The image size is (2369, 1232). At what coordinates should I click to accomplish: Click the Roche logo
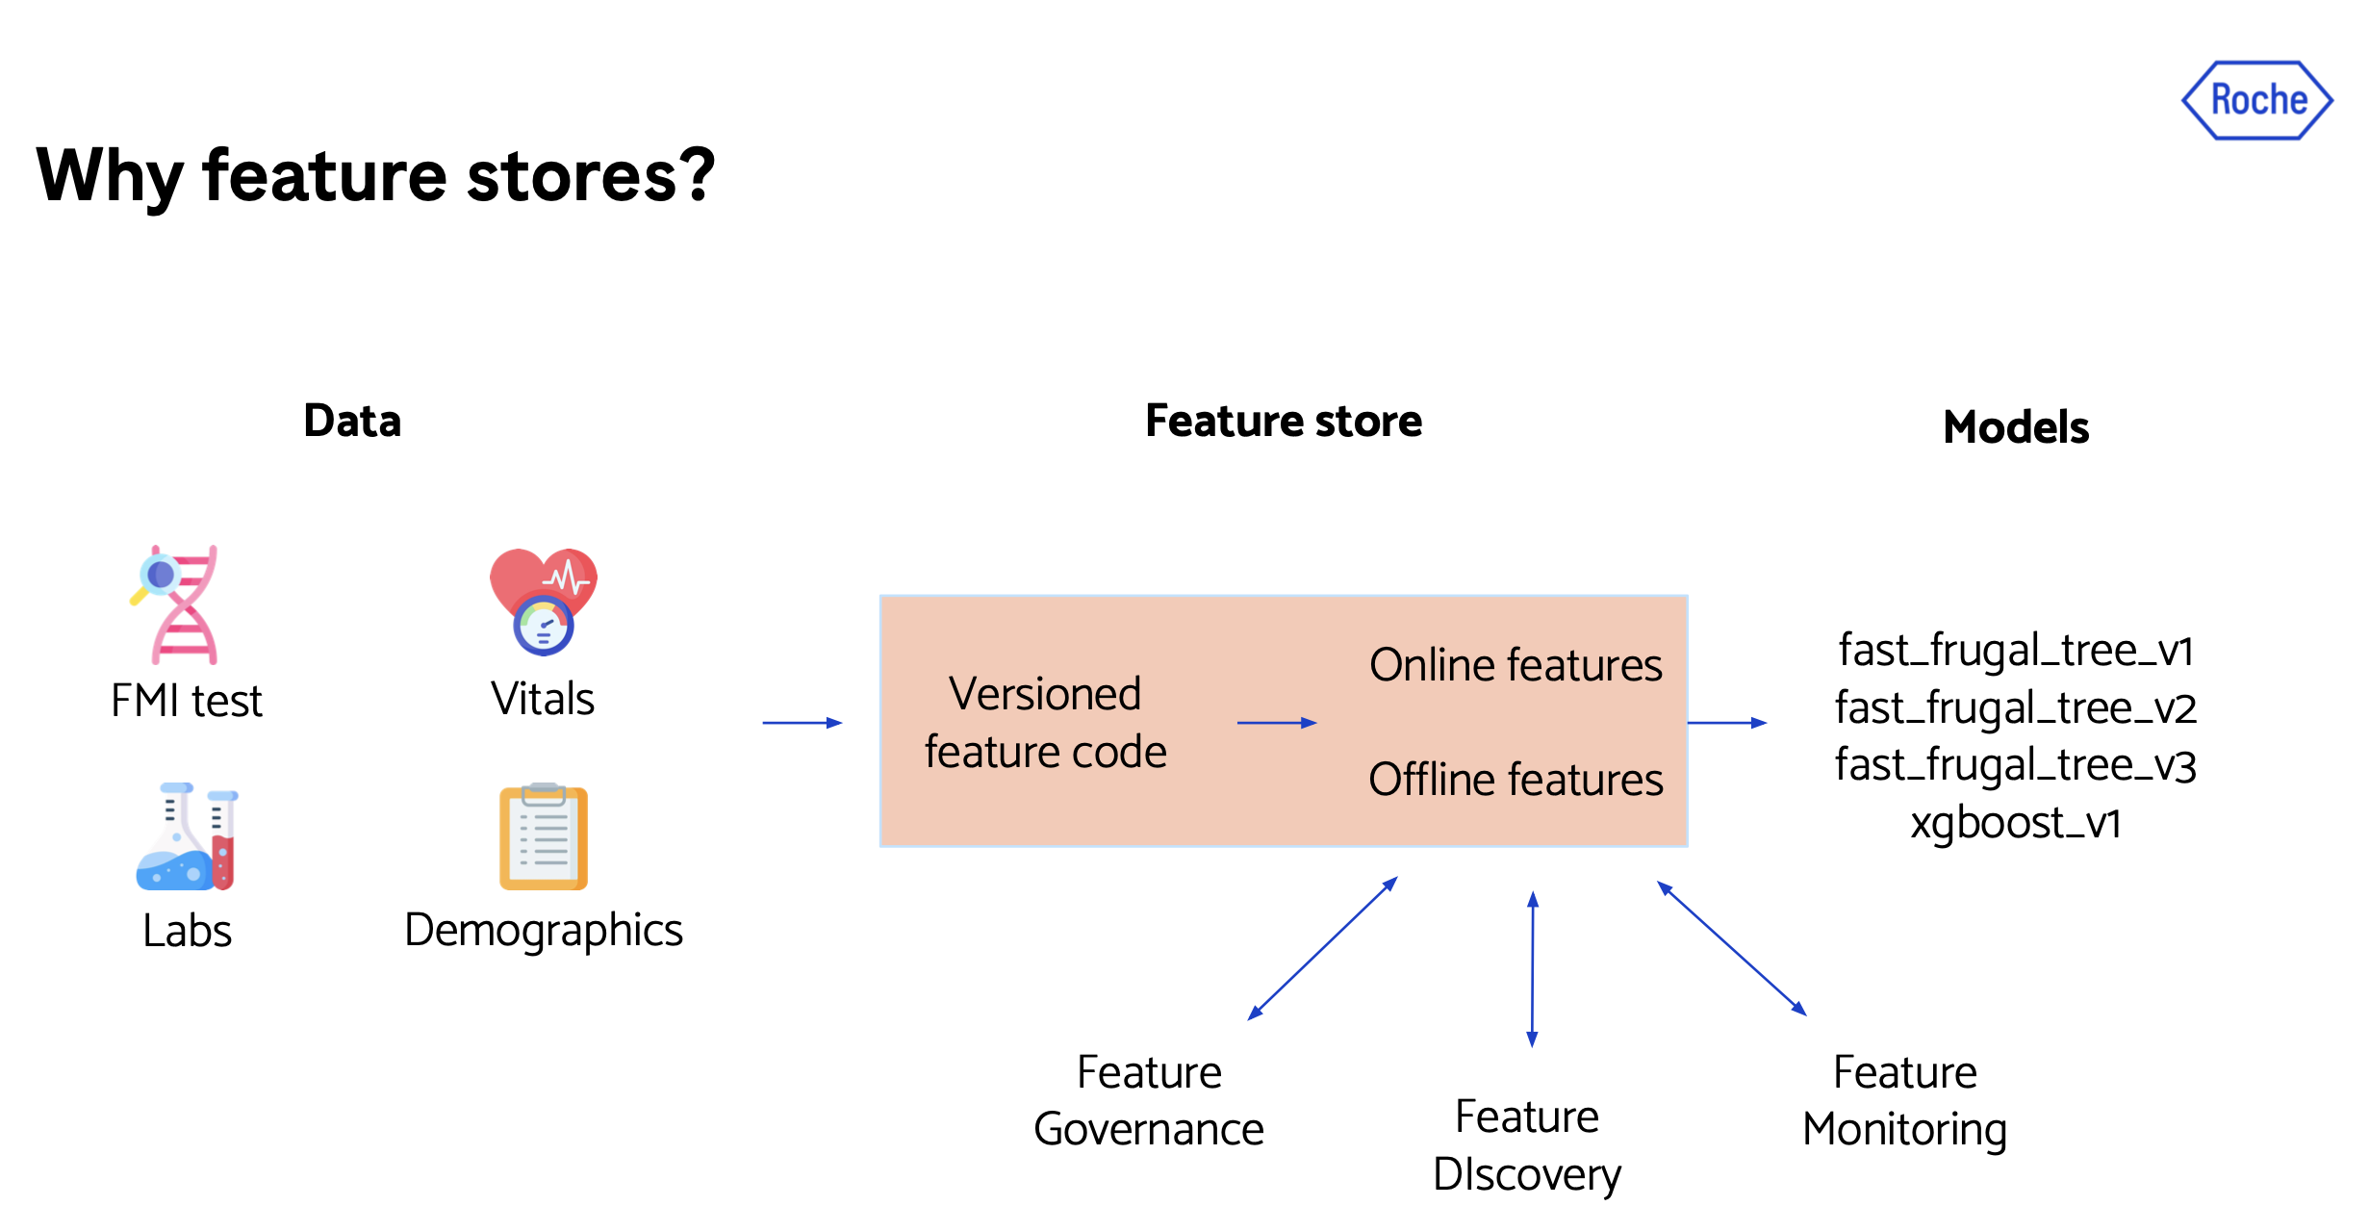[2256, 100]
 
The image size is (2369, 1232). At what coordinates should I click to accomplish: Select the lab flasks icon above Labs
[188, 835]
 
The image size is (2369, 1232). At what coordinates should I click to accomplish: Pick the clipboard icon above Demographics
[544, 836]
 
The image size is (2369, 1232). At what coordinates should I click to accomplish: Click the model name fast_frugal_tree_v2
[2016, 707]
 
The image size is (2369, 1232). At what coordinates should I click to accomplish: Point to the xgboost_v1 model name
[2016, 822]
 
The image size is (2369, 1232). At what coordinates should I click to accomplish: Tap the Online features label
[1516, 665]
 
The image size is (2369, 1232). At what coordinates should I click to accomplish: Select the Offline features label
[1516, 779]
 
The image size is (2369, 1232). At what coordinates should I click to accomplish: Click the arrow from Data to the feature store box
[802, 723]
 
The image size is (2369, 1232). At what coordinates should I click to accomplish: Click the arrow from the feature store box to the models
[1728, 723]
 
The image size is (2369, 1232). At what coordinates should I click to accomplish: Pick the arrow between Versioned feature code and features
[1277, 723]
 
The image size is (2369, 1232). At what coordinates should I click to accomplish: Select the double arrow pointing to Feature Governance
[1322, 948]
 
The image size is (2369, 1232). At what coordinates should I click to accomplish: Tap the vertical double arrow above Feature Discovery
[1533, 969]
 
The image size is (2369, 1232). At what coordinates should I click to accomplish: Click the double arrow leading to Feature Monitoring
[1732, 948]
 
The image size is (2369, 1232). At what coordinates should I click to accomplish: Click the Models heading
[2016, 426]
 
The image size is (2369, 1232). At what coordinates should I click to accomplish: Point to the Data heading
[352, 421]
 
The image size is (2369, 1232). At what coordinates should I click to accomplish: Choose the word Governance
[1149, 1129]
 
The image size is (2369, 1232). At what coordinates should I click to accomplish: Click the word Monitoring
[1905, 1130]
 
